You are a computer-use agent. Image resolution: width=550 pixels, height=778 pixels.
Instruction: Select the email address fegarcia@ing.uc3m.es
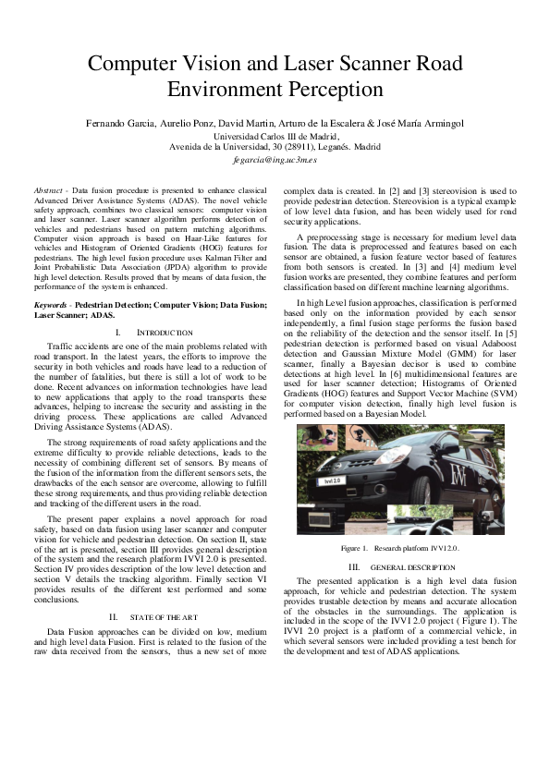(x=275, y=159)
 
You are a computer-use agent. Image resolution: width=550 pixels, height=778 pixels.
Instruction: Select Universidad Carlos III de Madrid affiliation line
(x=275, y=135)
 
